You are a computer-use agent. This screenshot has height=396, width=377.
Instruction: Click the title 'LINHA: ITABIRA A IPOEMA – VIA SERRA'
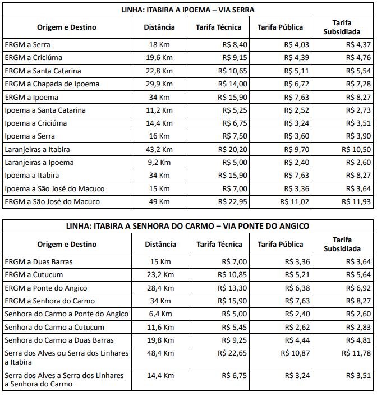[188, 10]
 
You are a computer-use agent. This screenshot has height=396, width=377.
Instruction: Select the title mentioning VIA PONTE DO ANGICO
[188, 225]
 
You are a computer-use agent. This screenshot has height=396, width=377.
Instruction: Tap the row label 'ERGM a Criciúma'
[33, 58]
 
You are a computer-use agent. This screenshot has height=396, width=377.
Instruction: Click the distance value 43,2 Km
[159, 150]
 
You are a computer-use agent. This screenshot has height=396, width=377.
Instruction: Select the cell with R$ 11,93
[356, 202]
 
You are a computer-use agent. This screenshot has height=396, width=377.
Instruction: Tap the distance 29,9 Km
[159, 84]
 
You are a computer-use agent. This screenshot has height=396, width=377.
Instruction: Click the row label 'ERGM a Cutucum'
[34, 275]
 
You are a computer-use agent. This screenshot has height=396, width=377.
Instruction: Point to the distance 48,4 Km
[159, 353]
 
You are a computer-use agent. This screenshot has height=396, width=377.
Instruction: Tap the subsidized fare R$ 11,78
[356, 353]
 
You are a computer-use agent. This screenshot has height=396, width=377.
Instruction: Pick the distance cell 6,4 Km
[159, 314]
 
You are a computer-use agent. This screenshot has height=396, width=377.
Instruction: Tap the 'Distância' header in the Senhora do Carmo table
[160, 244]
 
